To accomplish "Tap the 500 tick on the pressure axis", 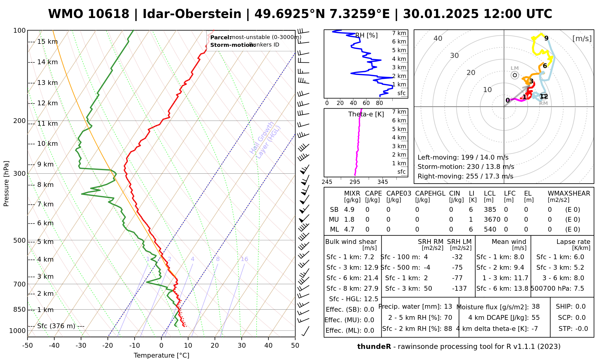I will [19, 240].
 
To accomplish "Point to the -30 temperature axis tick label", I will [81, 346].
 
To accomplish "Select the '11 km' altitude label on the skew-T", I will [47, 124].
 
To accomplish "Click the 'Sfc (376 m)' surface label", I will [56, 326].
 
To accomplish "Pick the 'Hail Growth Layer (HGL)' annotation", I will [265, 140].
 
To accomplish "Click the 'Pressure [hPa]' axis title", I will [6, 184].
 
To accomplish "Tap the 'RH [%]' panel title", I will [366, 35].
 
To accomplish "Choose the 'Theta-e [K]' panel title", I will [366, 114].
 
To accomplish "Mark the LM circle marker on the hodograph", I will [515, 75].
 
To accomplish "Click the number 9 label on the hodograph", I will [546, 38].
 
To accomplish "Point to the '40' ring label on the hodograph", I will [438, 38].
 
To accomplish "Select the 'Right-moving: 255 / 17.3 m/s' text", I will [465, 176].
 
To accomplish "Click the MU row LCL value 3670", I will [492, 220].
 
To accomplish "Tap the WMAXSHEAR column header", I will [569, 193].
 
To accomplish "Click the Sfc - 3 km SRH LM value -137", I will [459, 289].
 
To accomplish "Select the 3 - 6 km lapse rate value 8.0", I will [579, 278].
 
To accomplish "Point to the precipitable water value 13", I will [448, 307].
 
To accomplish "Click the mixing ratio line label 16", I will [244, 259].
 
